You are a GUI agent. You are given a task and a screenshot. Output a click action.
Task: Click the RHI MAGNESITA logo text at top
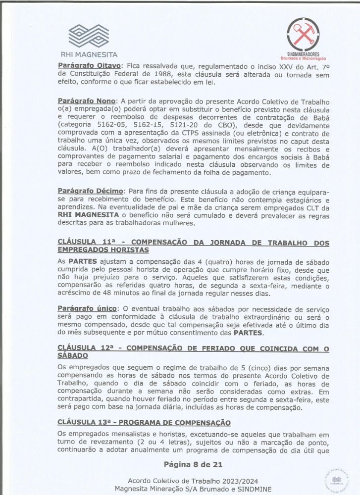coord(89,54)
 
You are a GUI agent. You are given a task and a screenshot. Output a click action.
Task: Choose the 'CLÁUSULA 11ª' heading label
coord(87,242)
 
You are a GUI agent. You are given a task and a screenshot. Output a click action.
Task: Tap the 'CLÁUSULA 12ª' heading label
coord(88,348)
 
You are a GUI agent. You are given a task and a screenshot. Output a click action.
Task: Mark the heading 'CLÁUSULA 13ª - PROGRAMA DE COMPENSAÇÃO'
coord(144,422)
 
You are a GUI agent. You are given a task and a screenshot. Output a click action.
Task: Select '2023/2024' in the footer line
coord(240,481)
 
